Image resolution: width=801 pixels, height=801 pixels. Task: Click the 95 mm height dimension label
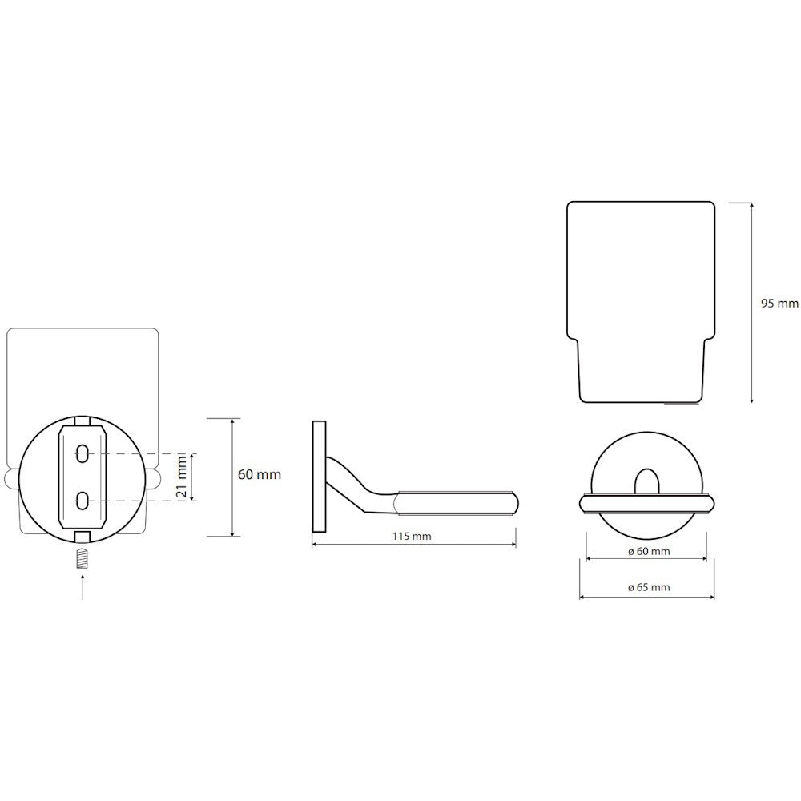point(779,304)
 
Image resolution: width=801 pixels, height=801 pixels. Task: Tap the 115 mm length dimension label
point(412,537)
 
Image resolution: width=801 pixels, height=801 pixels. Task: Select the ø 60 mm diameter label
point(648,551)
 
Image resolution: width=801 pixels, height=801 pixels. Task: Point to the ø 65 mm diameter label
point(648,587)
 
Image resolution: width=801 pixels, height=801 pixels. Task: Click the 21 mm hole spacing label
point(181,477)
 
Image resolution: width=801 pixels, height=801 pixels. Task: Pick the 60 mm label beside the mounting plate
point(260,474)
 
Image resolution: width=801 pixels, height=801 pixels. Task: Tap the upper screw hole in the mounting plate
point(83,453)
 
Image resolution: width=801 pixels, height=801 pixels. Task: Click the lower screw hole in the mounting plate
point(83,501)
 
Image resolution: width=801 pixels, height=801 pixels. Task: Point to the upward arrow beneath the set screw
point(83,586)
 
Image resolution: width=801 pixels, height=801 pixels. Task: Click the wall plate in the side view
point(319,477)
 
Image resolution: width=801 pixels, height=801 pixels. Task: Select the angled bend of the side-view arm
point(357,480)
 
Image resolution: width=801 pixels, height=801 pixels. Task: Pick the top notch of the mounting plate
point(83,421)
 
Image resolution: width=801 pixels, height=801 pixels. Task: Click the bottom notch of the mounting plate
point(83,537)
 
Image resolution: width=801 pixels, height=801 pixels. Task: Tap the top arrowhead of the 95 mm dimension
point(751,205)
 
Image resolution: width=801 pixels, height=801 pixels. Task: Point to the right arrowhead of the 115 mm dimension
point(513,545)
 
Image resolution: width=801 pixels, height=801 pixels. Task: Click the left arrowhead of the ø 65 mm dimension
point(583,597)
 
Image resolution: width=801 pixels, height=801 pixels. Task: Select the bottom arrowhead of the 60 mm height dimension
point(232,533)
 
